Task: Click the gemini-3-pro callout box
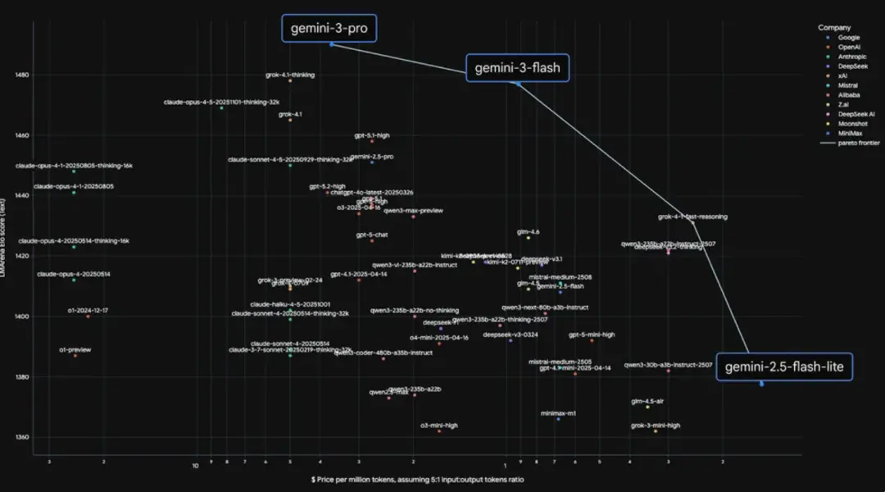pyautogui.click(x=329, y=29)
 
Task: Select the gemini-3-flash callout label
pyautogui.click(x=517, y=68)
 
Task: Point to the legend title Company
pyautogui.click(x=834, y=28)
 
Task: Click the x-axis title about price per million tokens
pyautogui.click(x=417, y=479)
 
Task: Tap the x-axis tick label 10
pyautogui.click(x=195, y=466)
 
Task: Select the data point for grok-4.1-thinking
pyautogui.click(x=290, y=81)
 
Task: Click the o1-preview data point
pyautogui.click(x=75, y=356)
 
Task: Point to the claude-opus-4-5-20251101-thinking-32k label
pyautogui.click(x=221, y=102)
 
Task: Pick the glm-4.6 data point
pyautogui.click(x=528, y=238)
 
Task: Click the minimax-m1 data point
pyautogui.click(x=558, y=419)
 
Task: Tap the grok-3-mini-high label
pyautogui.click(x=656, y=426)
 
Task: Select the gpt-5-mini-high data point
pyautogui.click(x=592, y=340)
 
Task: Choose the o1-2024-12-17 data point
pyautogui.click(x=88, y=317)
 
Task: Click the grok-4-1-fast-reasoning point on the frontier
pyautogui.click(x=692, y=222)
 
